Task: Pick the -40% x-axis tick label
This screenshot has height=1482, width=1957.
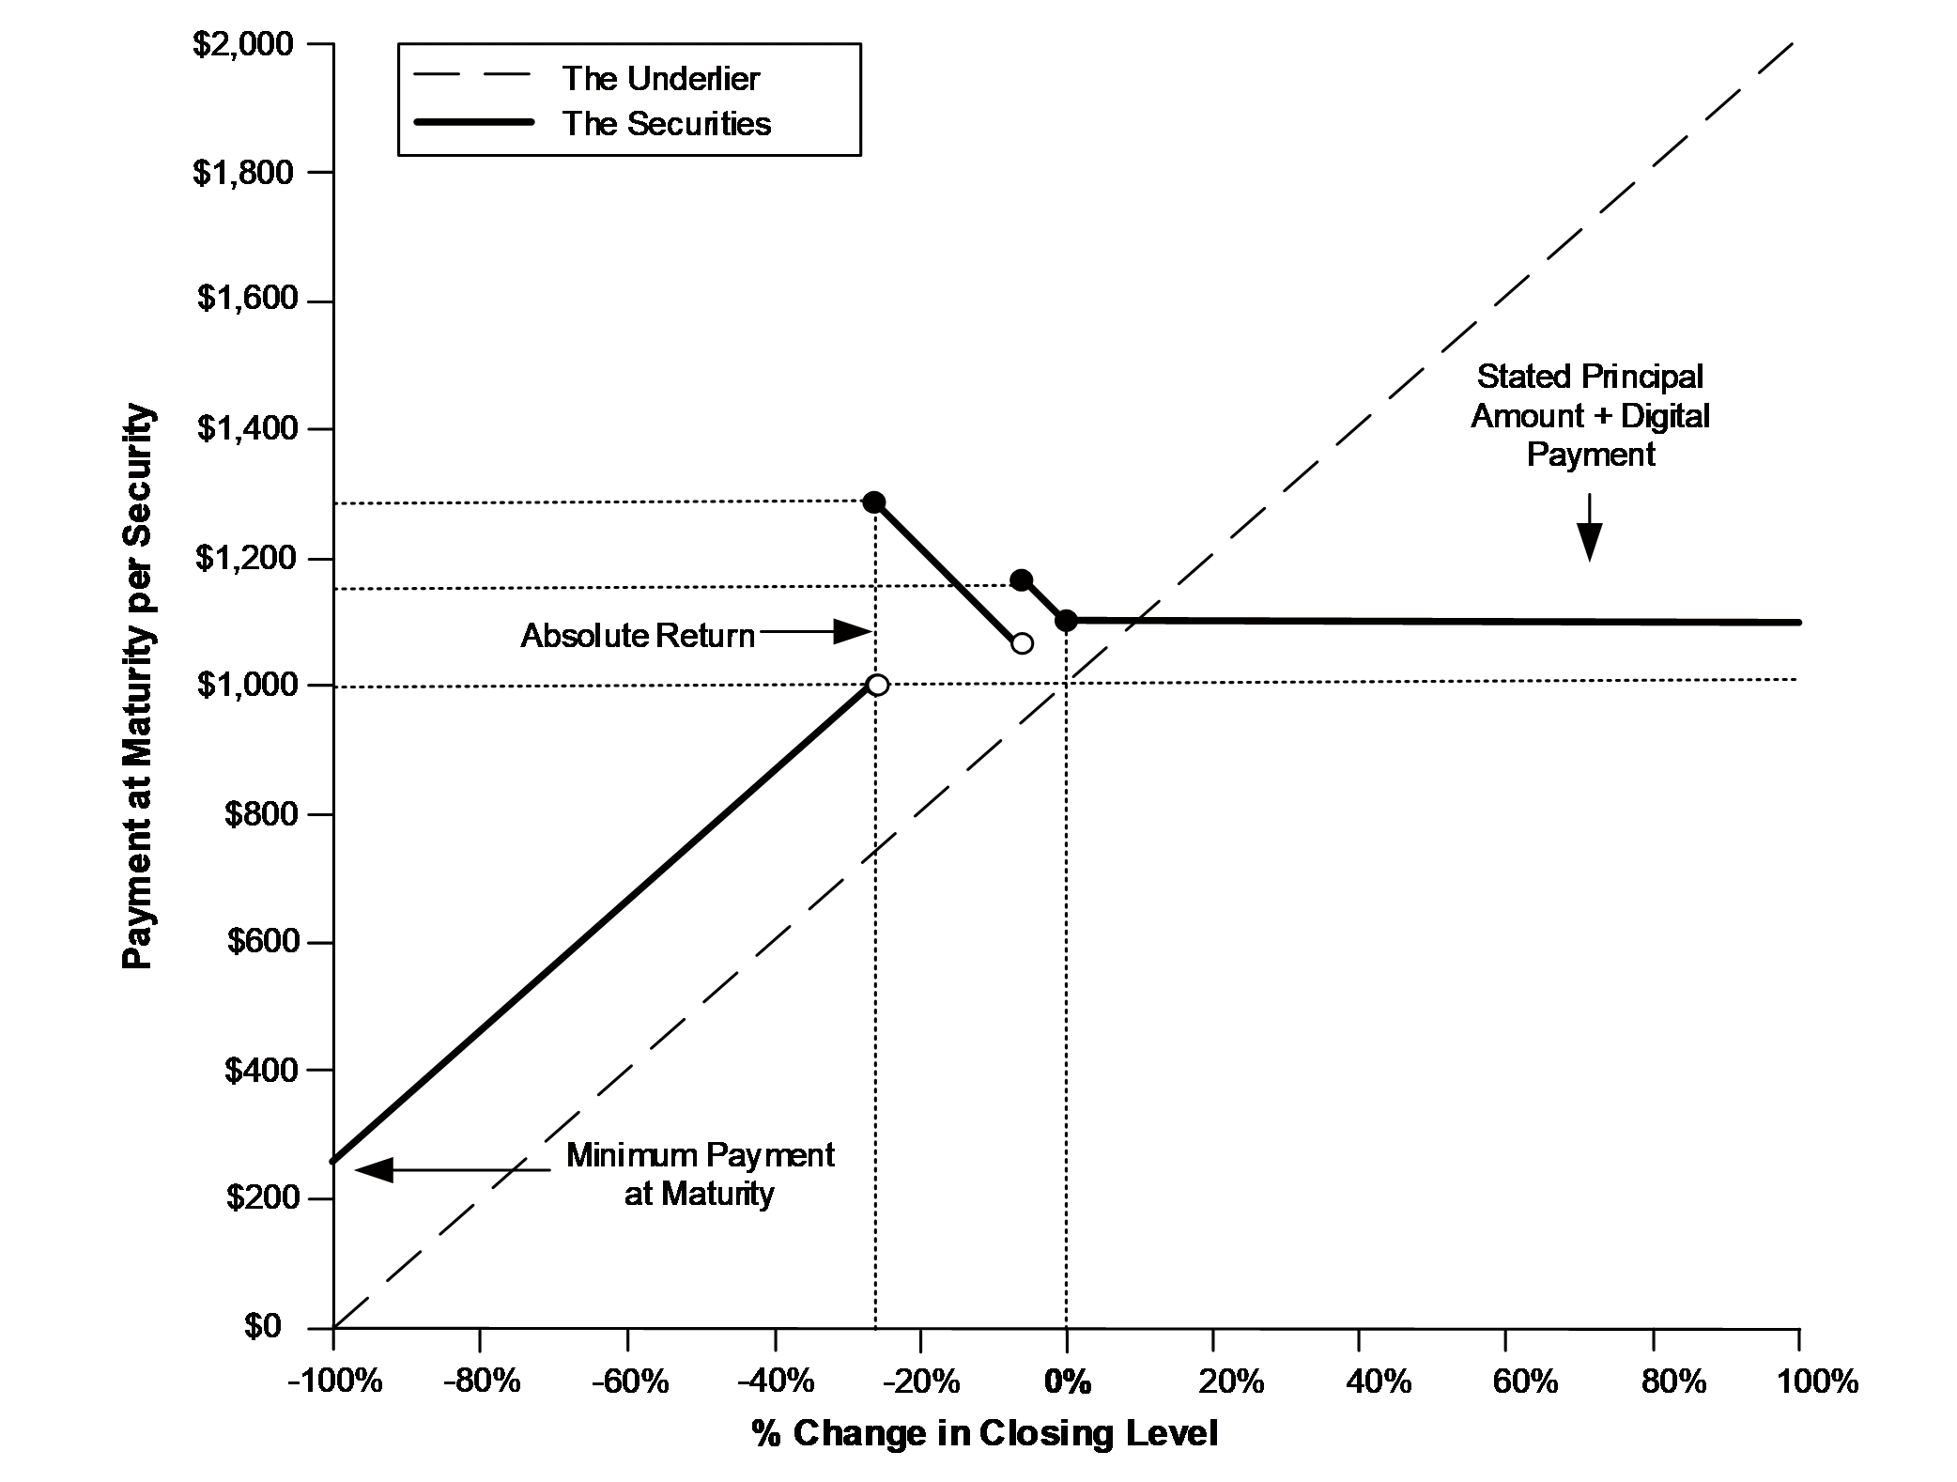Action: tap(776, 1382)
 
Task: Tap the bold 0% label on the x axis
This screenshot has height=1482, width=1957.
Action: tap(1068, 1382)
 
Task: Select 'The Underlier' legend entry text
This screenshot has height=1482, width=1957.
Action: tap(661, 78)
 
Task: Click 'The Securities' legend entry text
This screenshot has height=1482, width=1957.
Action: tap(667, 124)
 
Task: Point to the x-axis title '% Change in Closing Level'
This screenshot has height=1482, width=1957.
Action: tap(984, 1433)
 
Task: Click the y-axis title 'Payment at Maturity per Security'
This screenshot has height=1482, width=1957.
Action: tap(138, 687)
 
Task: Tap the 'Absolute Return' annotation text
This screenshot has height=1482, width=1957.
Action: tap(638, 636)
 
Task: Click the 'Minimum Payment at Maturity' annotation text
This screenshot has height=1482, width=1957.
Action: tap(700, 1174)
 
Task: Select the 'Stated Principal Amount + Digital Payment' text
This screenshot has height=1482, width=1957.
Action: tap(1590, 415)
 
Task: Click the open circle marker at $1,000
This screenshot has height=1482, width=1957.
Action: tap(877, 685)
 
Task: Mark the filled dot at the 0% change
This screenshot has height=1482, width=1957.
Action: tap(1066, 620)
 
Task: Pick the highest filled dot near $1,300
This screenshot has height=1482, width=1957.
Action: tap(874, 502)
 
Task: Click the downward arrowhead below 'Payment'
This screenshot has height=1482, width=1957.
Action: tap(1589, 542)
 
